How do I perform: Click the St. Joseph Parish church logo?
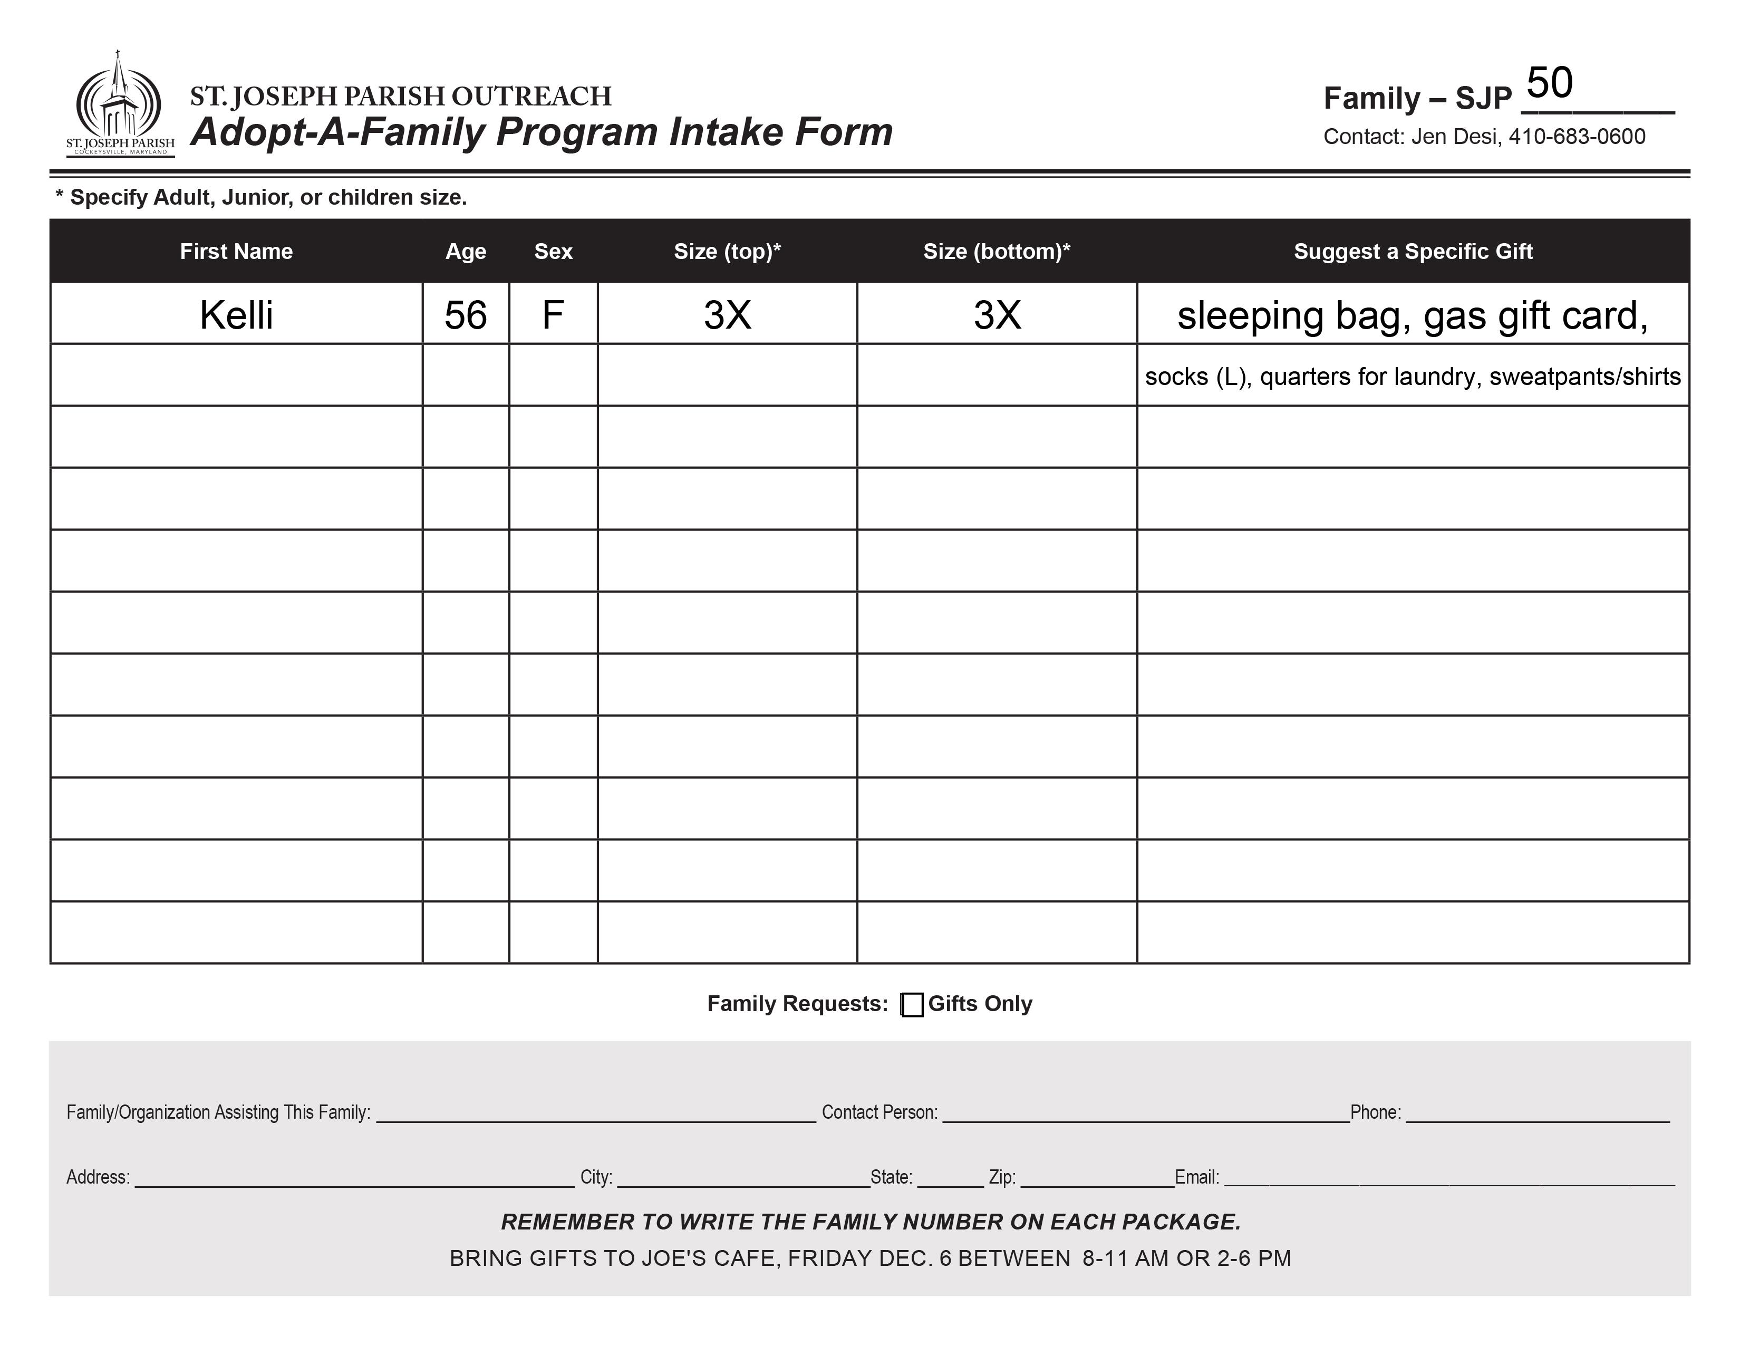click(120, 103)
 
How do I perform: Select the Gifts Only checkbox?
click(912, 1005)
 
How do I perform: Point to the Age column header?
click(465, 252)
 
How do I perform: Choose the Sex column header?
click(553, 252)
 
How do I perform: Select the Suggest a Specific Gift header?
click(1413, 252)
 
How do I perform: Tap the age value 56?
click(465, 315)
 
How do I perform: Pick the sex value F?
click(553, 315)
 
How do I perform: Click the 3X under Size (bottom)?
click(997, 315)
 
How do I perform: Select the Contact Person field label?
click(879, 1112)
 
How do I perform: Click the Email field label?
click(1197, 1178)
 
